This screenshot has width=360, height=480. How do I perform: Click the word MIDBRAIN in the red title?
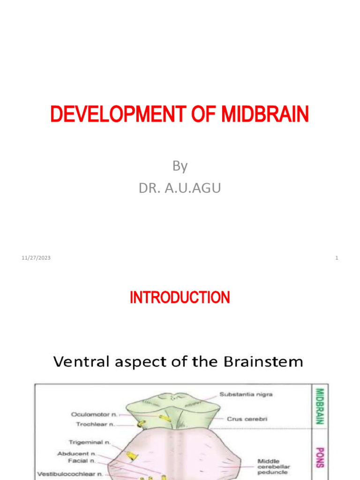[x=265, y=115]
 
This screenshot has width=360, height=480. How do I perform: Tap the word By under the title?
[x=180, y=166]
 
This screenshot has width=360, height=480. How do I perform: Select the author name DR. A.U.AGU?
[x=180, y=188]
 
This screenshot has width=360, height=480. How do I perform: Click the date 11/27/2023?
[x=36, y=258]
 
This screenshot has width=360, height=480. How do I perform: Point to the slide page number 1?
[x=337, y=258]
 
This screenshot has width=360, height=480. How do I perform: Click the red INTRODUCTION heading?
[x=180, y=298]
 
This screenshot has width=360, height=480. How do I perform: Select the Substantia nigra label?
[x=246, y=395]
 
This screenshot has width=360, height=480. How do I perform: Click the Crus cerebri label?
[x=247, y=419]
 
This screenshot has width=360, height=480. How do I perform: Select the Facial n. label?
[x=83, y=461]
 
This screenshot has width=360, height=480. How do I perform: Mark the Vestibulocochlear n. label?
[x=70, y=474]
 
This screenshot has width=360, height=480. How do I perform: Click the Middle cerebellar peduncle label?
[x=274, y=466]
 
